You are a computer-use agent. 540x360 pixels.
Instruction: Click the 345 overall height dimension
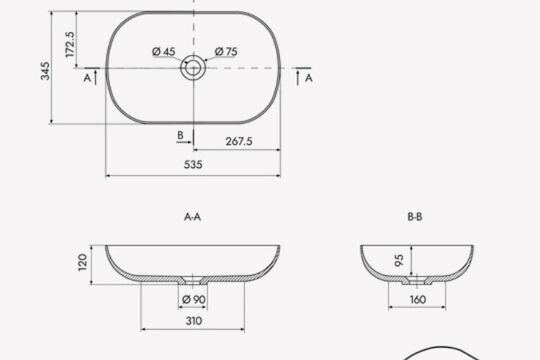pos(45,71)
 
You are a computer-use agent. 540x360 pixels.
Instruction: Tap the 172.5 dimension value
pos(70,44)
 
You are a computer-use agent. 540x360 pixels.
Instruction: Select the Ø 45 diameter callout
pos(164,52)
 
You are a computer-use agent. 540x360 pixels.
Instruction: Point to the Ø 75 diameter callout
pos(226,52)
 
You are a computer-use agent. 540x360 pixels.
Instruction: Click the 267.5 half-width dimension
pos(239,141)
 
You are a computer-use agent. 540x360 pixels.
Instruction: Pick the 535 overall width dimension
pos(193,165)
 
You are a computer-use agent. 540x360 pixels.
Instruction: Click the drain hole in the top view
pos(193,68)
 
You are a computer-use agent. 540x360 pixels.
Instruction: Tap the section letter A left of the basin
pos(87,78)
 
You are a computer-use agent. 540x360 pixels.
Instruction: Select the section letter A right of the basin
pos(309,78)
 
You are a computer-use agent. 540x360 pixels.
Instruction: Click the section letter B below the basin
pos(180,135)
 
